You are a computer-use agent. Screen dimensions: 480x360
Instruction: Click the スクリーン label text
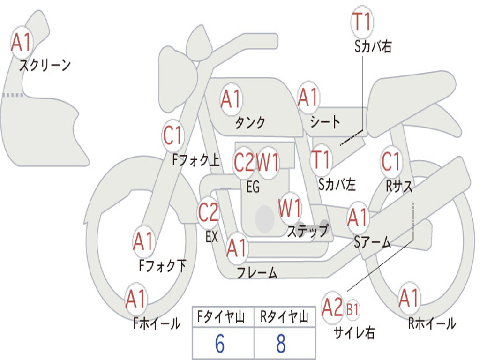45,65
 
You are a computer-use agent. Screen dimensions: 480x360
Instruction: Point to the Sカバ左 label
337,184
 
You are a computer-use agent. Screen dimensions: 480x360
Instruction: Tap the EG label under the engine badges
253,187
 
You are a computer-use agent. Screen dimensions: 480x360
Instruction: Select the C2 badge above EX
209,213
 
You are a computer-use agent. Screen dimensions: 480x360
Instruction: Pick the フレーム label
257,272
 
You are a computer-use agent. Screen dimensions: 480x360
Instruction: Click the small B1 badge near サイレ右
352,309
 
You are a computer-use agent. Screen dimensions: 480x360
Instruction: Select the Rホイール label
432,323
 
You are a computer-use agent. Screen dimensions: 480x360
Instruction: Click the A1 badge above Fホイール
136,300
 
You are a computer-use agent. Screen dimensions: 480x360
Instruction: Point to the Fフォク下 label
162,266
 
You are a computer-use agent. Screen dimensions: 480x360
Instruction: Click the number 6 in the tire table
220,344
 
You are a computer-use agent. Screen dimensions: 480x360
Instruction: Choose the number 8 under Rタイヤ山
281,344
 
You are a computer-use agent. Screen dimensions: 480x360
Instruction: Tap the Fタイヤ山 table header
222,318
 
